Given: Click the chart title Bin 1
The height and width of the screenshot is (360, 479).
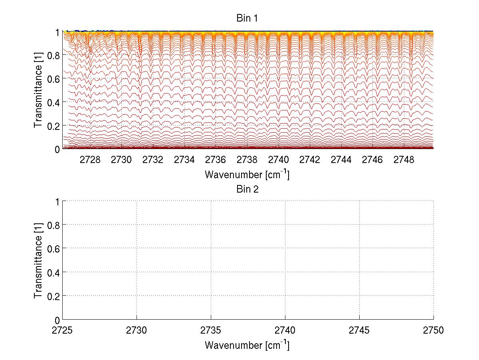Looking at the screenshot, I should pyautogui.click(x=247, y=19).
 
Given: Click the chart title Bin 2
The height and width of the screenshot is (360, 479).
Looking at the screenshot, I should pyautogui.click(x=247, y=189).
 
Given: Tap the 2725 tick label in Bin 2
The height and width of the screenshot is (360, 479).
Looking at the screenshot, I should pyautogui.click(x=63, y=331).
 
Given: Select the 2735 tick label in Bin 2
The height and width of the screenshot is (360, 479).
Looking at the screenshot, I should pyautogui.click(x=211, y=331).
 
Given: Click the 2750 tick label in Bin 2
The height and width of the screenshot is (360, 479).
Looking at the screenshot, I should pyautogui.click(x=433, y=331).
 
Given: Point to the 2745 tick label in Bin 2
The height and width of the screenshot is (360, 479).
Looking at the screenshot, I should pyautogui.click(x=360, y=331).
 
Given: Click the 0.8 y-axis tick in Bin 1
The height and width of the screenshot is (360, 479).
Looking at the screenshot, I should pyautogui.click(x=53, y=55).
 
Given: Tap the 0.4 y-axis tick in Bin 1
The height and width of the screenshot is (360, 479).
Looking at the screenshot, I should pyautogui.click(x=53, y=102).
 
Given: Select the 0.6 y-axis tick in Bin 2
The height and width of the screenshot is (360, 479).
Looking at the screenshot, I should pyautogui.click(x=53, y=249).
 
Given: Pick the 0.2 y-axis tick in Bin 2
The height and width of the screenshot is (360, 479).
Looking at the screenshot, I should pyautogui.click(x=53, y=296).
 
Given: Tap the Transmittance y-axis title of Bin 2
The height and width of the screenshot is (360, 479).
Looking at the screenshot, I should pyautogui.click(x=38, y=261).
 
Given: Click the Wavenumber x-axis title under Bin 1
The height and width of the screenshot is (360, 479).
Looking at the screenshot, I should pyautogui.click(x=247, y=175).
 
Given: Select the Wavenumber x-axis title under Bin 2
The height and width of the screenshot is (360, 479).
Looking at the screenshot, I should pyautogui.click(x=247, y=345).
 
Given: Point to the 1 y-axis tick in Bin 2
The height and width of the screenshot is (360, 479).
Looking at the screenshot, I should pyautogui.click(x=57, y=201).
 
